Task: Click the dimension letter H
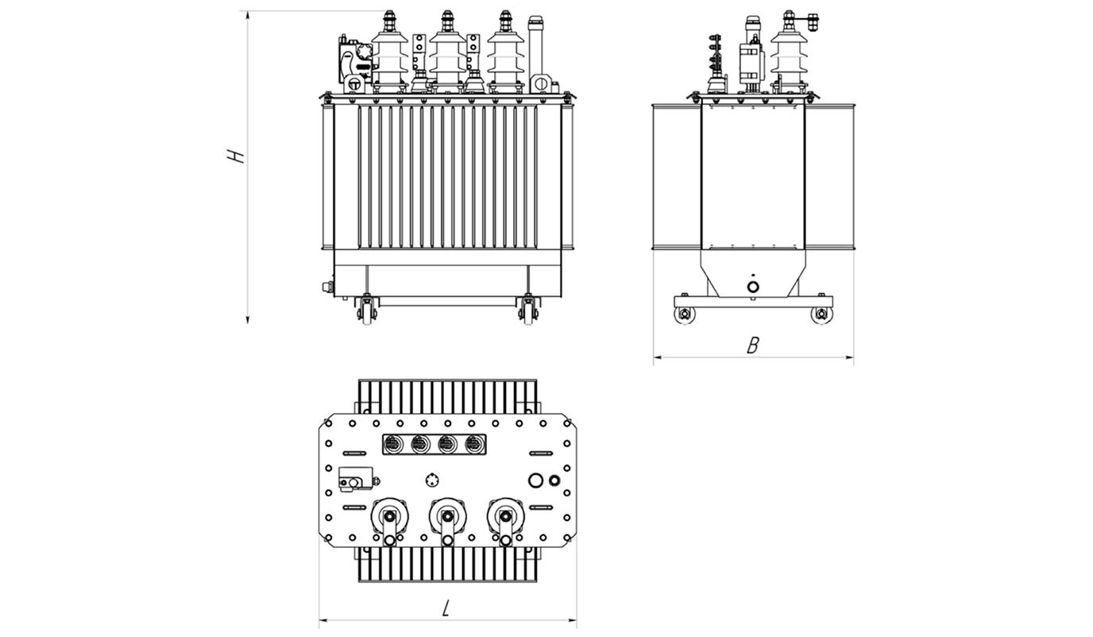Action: point(235,156)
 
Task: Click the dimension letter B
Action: point(753,346)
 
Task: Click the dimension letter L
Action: point(446,608)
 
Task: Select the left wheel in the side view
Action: point(683,315)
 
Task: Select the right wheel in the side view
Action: point(821,315)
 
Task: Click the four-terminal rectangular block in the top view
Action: point(431,445)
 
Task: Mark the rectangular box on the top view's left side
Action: point(350,478)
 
